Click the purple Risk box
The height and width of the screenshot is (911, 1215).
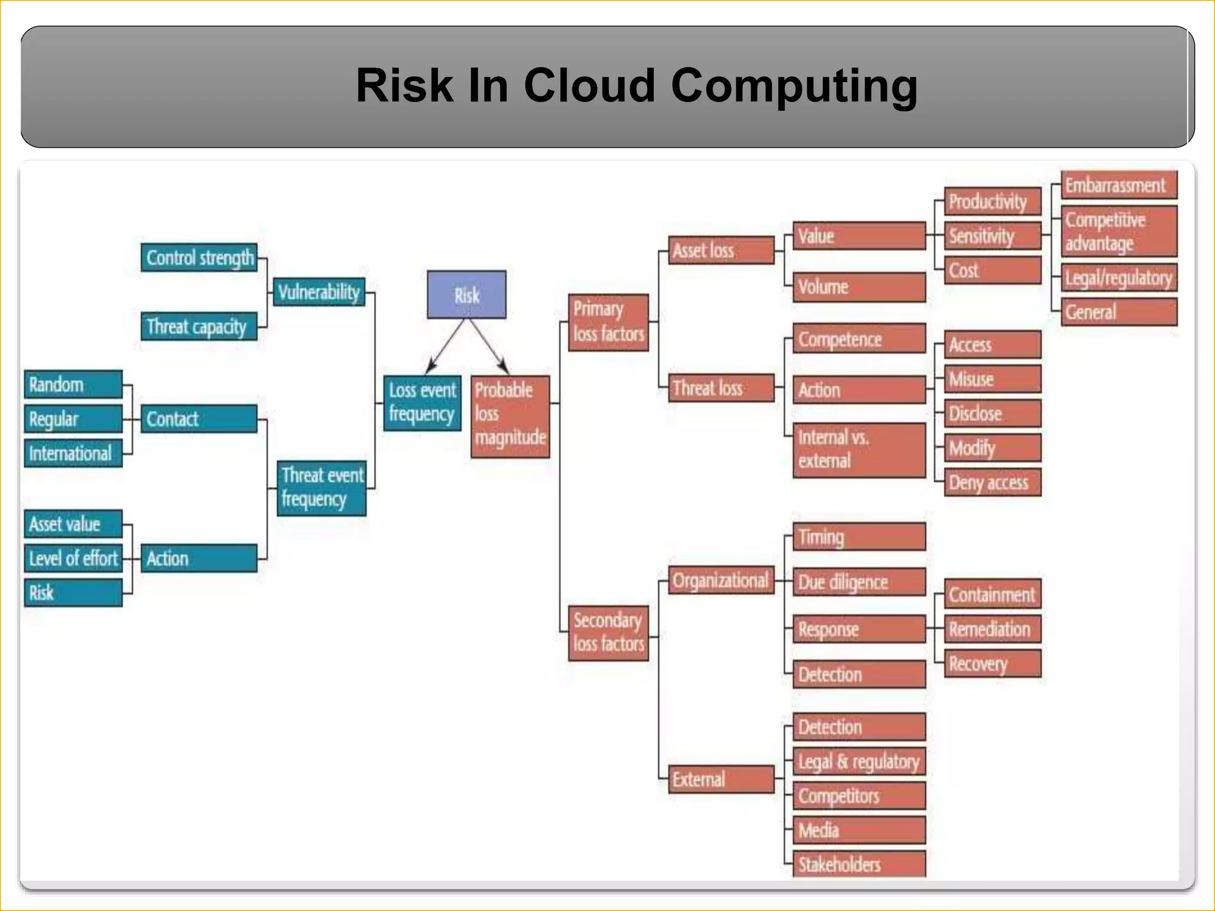[x=466, y=295]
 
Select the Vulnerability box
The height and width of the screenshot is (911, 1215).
[x=319, y=292]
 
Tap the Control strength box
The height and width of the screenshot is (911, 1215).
[x=199, y=257]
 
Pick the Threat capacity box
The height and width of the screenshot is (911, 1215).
[x=199, y=326]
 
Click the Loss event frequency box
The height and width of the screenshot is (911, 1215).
[x=422, y=403]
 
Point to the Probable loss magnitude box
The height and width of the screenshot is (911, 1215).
[x=510, y=416]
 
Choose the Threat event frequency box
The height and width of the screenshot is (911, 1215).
[x=322, y=488]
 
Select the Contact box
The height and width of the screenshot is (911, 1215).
[x=199, y=419]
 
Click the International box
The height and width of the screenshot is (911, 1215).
[x=73, y=453]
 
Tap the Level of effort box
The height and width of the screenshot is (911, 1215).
[x=73, y=558]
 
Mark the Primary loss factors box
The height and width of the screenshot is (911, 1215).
[x=608, y=322]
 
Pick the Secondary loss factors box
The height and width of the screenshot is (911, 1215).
[x=608, y=633]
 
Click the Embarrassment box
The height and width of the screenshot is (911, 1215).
[x=1118, y=186]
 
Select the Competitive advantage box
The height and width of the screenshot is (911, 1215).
[x=1118, y=232]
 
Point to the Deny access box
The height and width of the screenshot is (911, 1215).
[x=992, y=482]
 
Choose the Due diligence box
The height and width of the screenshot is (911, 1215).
[x=858, y=582]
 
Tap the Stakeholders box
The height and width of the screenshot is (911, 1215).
[x=858, y=864]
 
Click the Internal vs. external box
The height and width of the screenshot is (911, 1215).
[x=858, y=450]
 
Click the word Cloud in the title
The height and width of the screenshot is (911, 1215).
[x=589, y=85]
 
